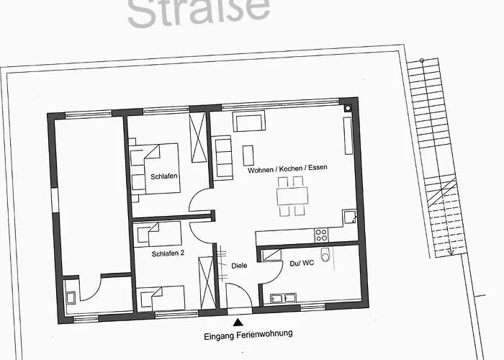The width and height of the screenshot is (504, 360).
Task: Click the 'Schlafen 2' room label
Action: point(168,253)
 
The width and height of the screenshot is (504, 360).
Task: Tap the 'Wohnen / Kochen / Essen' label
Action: point(287,168)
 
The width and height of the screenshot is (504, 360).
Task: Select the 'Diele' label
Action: point(239,266)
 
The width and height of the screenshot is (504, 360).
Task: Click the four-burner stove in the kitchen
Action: point(321,235)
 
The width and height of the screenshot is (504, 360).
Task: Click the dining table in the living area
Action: point(292,195)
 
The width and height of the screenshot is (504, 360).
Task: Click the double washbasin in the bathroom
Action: point(282,298)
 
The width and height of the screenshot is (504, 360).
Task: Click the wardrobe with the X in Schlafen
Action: point(197,138)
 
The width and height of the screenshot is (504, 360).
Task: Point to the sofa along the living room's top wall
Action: point(249,122)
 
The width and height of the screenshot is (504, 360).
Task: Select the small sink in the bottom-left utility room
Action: point(72,296)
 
